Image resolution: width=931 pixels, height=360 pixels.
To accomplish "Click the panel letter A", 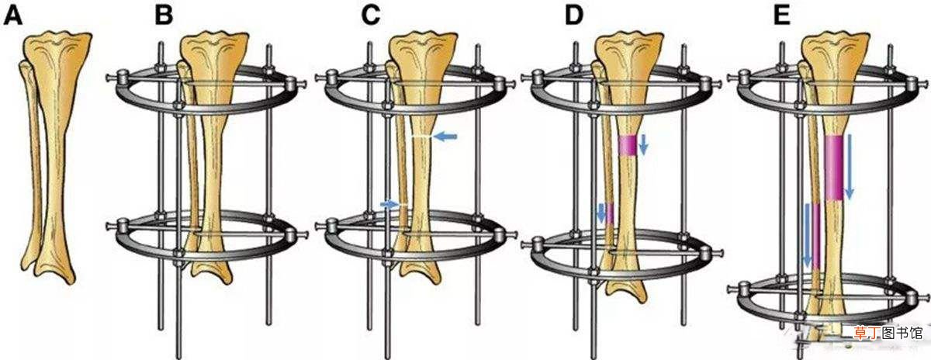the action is [x=12, y=16].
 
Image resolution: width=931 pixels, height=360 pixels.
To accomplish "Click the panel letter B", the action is [x=164, y=16].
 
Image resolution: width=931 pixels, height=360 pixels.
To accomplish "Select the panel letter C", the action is [x=371, y=16].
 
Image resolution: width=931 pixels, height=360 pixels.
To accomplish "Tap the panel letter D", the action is [x=574, y=16].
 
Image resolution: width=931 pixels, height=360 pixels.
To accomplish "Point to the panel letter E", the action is [x=781, y=16].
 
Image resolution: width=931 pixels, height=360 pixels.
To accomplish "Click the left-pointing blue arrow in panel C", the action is [x=445, y=136].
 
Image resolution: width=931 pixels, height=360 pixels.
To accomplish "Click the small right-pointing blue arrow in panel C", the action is [x=389, y=204].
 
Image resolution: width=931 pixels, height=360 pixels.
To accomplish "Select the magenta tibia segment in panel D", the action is [x=627, y=146].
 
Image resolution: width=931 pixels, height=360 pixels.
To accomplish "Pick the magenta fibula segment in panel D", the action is [x=610, y=213].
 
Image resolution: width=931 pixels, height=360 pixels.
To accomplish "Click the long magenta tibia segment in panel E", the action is [x=833, y=168].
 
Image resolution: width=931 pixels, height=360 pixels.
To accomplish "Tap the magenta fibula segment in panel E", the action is [x=816, y=236].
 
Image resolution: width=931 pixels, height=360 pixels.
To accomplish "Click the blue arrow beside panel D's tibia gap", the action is [x=643, y=144].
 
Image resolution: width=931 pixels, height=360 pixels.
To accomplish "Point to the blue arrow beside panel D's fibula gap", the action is [x=601, y=213].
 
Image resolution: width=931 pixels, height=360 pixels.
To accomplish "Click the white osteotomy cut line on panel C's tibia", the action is [x=421, y=137].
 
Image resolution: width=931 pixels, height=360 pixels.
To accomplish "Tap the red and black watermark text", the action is [x=888, y=332].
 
